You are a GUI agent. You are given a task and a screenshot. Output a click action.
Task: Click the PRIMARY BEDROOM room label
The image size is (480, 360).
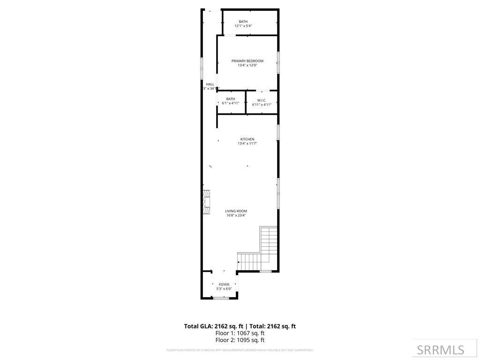point(247,61)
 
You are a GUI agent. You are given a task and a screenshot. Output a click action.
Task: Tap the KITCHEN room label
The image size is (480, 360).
point(247,139)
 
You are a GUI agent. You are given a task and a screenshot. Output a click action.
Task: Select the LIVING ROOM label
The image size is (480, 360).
point(236,211)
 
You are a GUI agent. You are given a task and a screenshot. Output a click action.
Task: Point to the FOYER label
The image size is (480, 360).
point(224,285)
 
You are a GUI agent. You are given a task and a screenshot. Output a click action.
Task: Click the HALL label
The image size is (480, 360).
point(210,84)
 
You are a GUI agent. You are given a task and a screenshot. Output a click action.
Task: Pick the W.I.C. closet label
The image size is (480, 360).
point(262,100)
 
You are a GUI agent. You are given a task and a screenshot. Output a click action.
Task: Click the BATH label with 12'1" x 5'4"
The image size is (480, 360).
point(243,22)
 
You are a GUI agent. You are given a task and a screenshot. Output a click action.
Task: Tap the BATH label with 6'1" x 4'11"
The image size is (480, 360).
point(230,99)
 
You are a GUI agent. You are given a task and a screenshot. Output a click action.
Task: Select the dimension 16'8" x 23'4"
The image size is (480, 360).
point(236,216)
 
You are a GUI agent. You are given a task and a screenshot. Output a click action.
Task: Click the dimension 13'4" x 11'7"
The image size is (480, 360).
point(247,143)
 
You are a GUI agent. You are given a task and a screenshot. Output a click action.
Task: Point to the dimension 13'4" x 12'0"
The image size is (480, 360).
point(247,66)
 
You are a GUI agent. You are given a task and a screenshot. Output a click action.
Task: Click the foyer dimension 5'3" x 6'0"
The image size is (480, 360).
point(224,289)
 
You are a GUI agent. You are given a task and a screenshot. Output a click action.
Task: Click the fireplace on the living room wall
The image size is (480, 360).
point(206,202)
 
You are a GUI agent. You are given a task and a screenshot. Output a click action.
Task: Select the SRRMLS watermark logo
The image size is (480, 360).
point(440,350)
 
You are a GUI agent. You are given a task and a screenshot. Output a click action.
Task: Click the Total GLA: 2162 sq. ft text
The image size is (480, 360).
point(213,326)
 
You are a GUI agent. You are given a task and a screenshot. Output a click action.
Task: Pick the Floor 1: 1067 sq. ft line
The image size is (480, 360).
point(240,333)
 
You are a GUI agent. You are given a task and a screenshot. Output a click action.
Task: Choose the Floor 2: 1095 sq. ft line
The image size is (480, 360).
point(240,340)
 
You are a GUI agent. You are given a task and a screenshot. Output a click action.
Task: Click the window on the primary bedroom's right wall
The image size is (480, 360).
point(278,62)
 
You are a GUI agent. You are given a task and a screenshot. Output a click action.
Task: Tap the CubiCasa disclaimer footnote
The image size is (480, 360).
point(240,350)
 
